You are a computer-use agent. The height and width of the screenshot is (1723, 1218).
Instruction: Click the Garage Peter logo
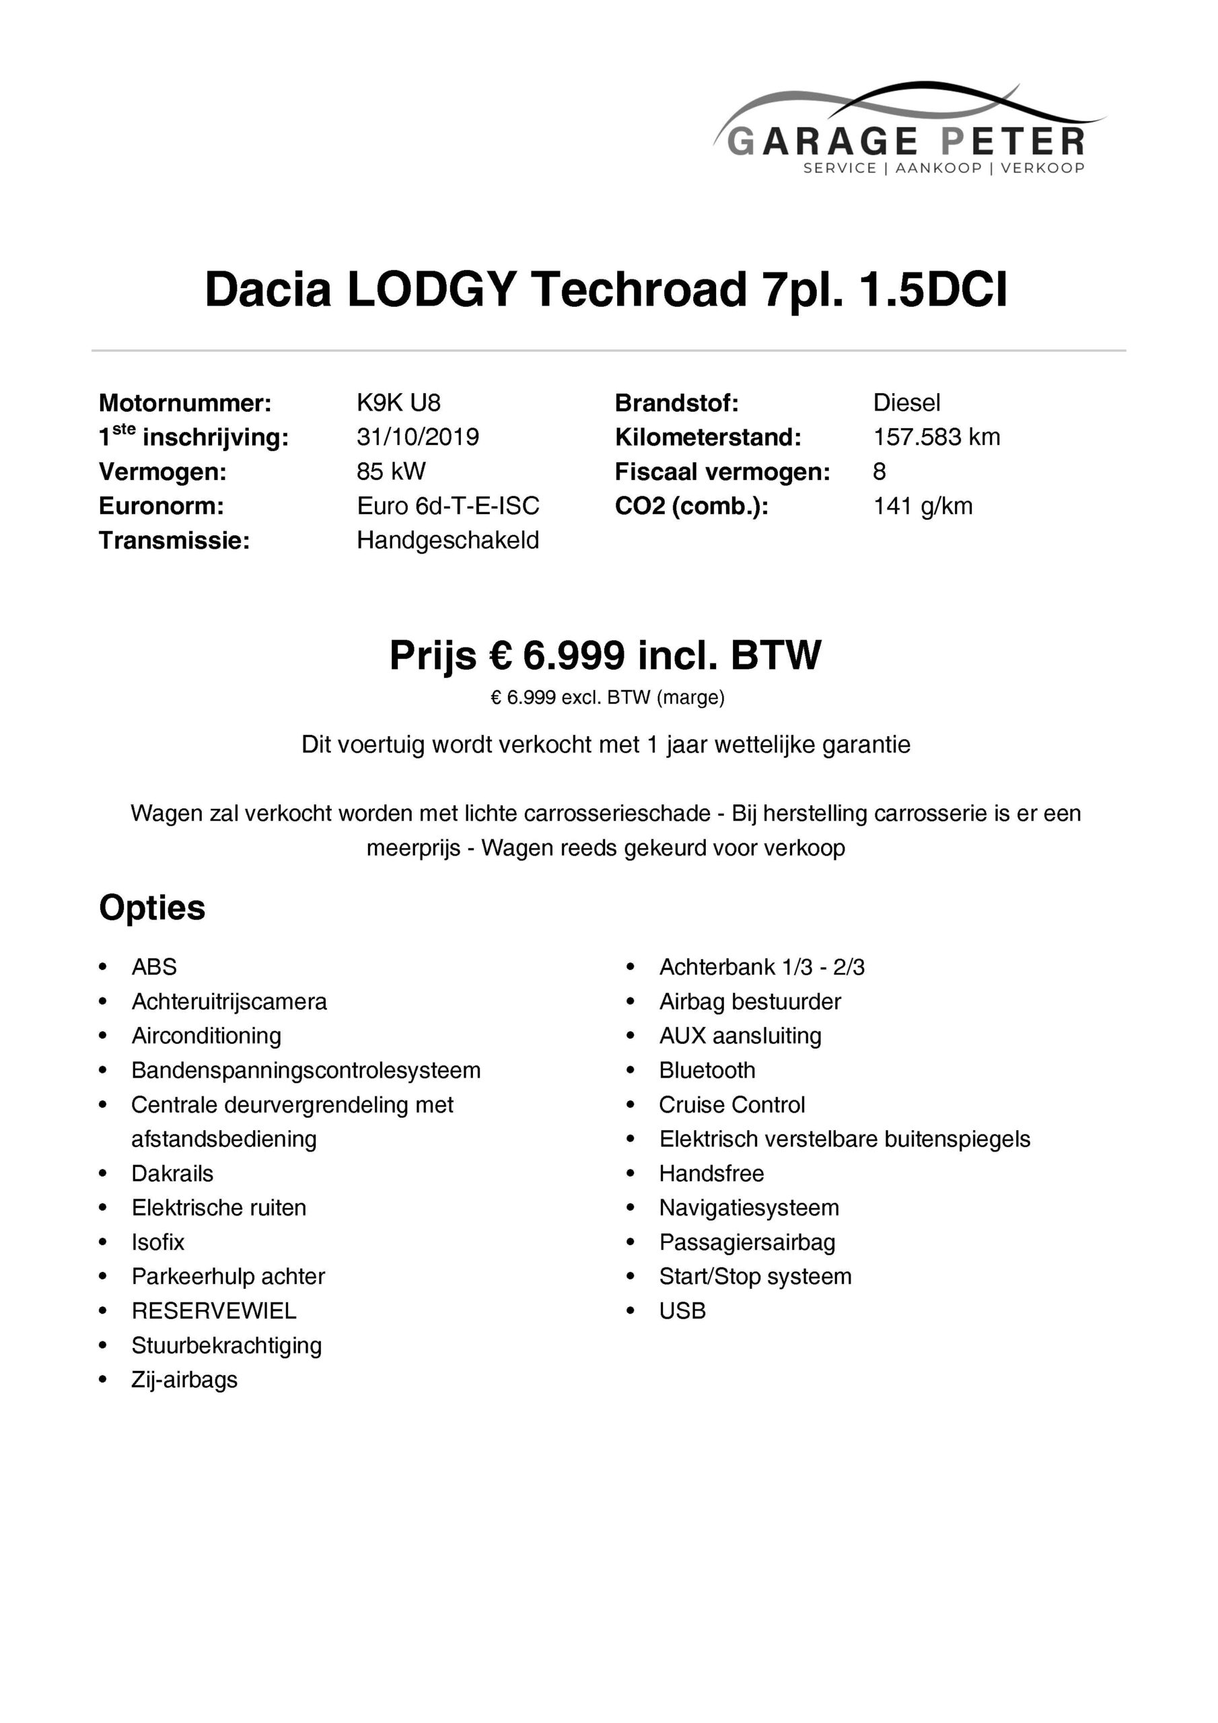tap(908, 131)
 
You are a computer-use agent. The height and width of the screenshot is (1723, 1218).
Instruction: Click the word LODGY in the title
tap(431, 289)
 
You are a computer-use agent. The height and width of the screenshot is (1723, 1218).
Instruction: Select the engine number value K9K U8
tap(398, 403)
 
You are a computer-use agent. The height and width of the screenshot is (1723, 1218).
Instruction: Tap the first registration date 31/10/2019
tap(417, 437)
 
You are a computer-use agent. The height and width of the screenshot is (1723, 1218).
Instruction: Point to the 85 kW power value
tap(391, 471)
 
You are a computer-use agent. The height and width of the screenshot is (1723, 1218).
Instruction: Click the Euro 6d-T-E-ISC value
tap(448, 505)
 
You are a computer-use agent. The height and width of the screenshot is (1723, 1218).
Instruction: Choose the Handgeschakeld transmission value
tap(448, 540)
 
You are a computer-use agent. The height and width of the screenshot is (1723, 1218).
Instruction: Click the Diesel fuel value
tap(906, 403)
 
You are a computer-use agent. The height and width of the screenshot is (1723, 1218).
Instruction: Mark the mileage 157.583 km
tap(936, 437)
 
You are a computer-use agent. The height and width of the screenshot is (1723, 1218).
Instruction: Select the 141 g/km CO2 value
tap(923, 505)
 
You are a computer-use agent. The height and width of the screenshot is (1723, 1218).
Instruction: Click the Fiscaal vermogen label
tap(722, 472)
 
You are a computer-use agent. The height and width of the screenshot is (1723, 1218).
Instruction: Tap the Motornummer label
tap(184, 403)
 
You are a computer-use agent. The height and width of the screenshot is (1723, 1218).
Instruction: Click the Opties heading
tap(152, 907)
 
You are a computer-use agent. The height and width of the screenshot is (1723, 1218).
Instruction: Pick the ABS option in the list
tap(154, 966)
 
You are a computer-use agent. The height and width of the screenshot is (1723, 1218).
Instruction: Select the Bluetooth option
tap(707, 1070)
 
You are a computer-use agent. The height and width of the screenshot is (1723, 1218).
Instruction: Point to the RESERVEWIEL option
tap(214, 1310)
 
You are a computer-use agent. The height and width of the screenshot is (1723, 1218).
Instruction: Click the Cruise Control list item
tap(731, 1104)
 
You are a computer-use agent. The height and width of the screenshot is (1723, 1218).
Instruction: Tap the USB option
tap(682, 1310)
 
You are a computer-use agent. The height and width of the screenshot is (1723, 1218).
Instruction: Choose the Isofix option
tap(157, 1242)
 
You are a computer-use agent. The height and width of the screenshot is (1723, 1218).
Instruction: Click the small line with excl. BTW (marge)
tap(607, 698)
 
